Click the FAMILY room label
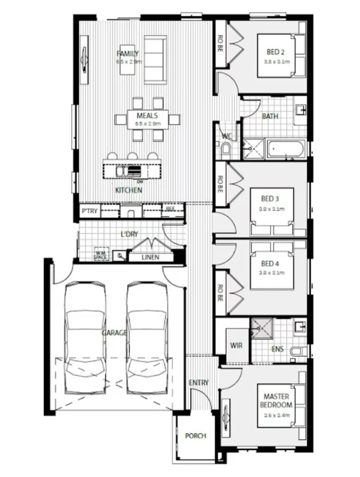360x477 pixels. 127,53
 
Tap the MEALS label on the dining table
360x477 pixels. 146,116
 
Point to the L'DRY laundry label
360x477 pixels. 129,234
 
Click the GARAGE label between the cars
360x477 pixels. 114,332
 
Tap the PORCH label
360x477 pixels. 195,436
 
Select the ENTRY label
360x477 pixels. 199,383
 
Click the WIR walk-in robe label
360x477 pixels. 237,345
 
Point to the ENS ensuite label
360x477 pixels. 277,350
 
